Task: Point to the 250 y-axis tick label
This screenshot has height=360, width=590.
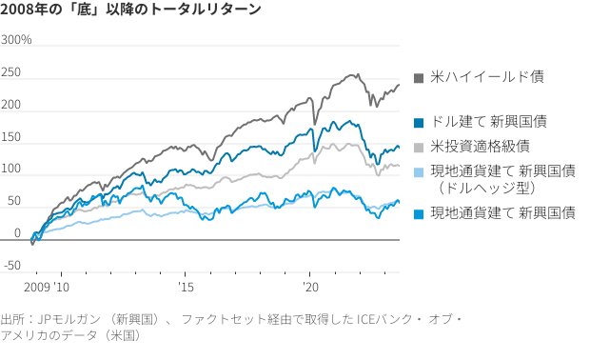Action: coord(12,73)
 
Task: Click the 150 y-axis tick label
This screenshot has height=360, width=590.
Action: coord(12,137)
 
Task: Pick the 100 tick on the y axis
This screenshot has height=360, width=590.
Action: coord(12,170)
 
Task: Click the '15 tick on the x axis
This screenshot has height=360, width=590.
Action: coord(186,286)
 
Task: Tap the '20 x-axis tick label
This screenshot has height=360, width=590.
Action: coord(309,286)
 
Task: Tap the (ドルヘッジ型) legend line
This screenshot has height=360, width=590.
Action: coord(477,189)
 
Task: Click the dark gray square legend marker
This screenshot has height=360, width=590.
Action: coord(419,76)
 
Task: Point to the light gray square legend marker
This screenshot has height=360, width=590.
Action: coord(419,146)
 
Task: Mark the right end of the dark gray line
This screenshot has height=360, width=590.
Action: coord(399,84)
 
